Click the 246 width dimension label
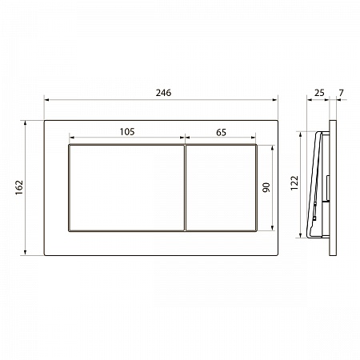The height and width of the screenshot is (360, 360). pos(163,93)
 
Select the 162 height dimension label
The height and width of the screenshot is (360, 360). pos(19,187)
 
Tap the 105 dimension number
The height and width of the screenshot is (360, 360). pos(127,132)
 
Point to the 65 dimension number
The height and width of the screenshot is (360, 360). pos(221,132)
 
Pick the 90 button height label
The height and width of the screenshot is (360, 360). pos(266,187)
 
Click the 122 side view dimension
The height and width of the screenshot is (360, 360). pos(294,183)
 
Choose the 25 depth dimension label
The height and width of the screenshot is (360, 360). pos(319,93)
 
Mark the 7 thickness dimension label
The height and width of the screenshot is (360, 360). pos(342,93)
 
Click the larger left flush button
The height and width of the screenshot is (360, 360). pos(126,188)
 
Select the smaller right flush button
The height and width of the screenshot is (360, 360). pos(221,188)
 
